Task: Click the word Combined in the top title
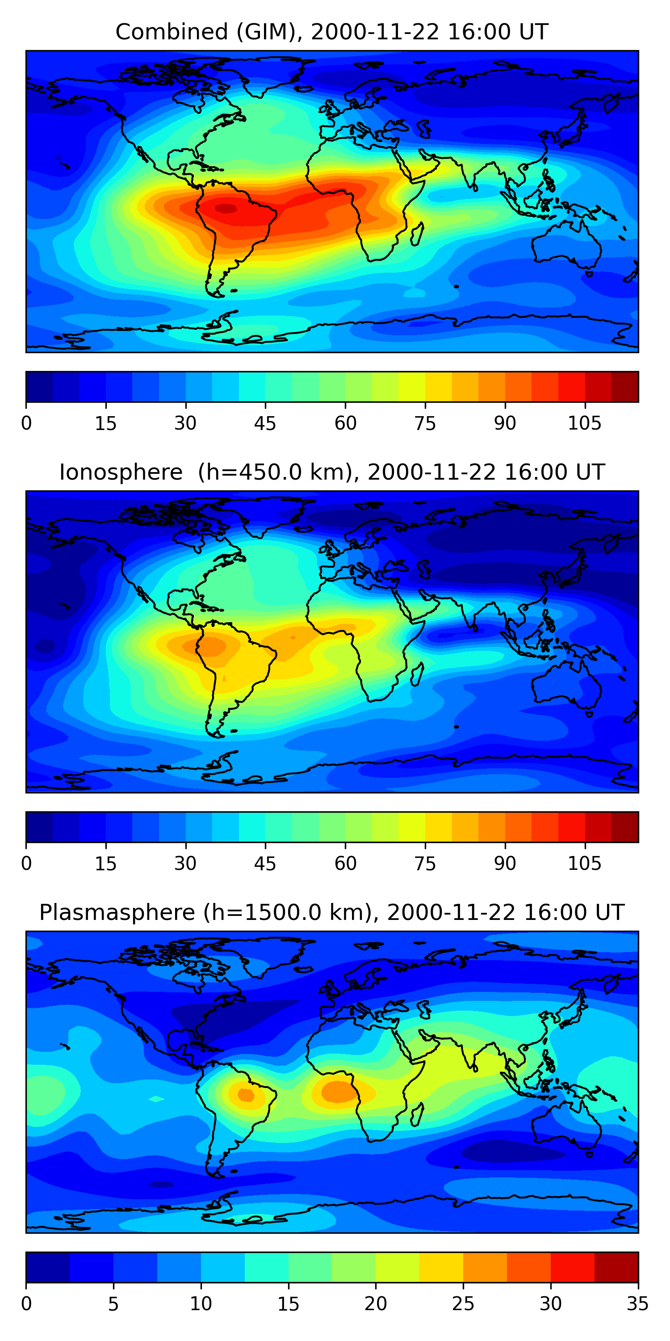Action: (x=171, y=32)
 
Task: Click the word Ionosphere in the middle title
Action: (x=121, y=472)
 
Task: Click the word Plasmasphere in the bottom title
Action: (x=117, y=913)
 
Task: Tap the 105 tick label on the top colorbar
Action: (x=584, y=423)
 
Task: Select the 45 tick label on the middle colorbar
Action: (x=265, y=864)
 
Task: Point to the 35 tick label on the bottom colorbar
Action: (x=638, y=1303)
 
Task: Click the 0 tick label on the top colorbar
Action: (x=26, y=423)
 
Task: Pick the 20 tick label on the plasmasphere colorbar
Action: (x=375, y=1303)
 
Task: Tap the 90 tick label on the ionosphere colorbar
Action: (x=505, y=864)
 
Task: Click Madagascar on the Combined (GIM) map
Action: (x=417, y=234)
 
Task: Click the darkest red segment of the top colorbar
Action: (x=625, y=387)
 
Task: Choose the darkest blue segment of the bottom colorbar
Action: (x=48, y=1267)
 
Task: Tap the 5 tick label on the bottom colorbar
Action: (x=113, y=1303)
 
